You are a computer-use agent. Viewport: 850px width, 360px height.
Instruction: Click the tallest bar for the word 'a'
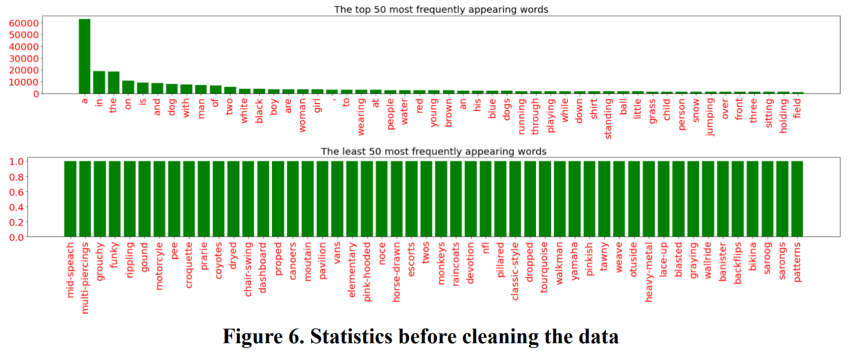tap(84, 56)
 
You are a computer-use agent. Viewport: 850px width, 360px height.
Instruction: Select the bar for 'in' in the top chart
tap(99, 82)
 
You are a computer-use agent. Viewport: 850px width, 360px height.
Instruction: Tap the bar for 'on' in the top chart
tap(128, 87)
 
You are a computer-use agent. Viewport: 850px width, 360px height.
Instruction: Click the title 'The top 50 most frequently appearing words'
tap(441, 9)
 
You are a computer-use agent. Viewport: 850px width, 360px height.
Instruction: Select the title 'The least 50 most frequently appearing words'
tap(433, 151)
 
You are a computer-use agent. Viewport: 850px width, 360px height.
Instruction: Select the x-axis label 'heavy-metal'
tap(649, 272)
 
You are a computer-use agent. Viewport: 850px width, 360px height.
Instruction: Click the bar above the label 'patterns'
tap(797, 199)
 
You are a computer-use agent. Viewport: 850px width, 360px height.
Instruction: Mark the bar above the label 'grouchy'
tap(100, 199)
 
